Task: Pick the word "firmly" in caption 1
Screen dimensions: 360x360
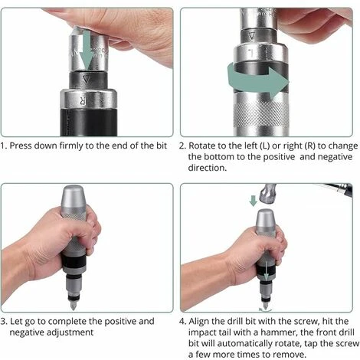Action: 82,144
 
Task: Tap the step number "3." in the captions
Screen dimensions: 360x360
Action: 4,321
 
